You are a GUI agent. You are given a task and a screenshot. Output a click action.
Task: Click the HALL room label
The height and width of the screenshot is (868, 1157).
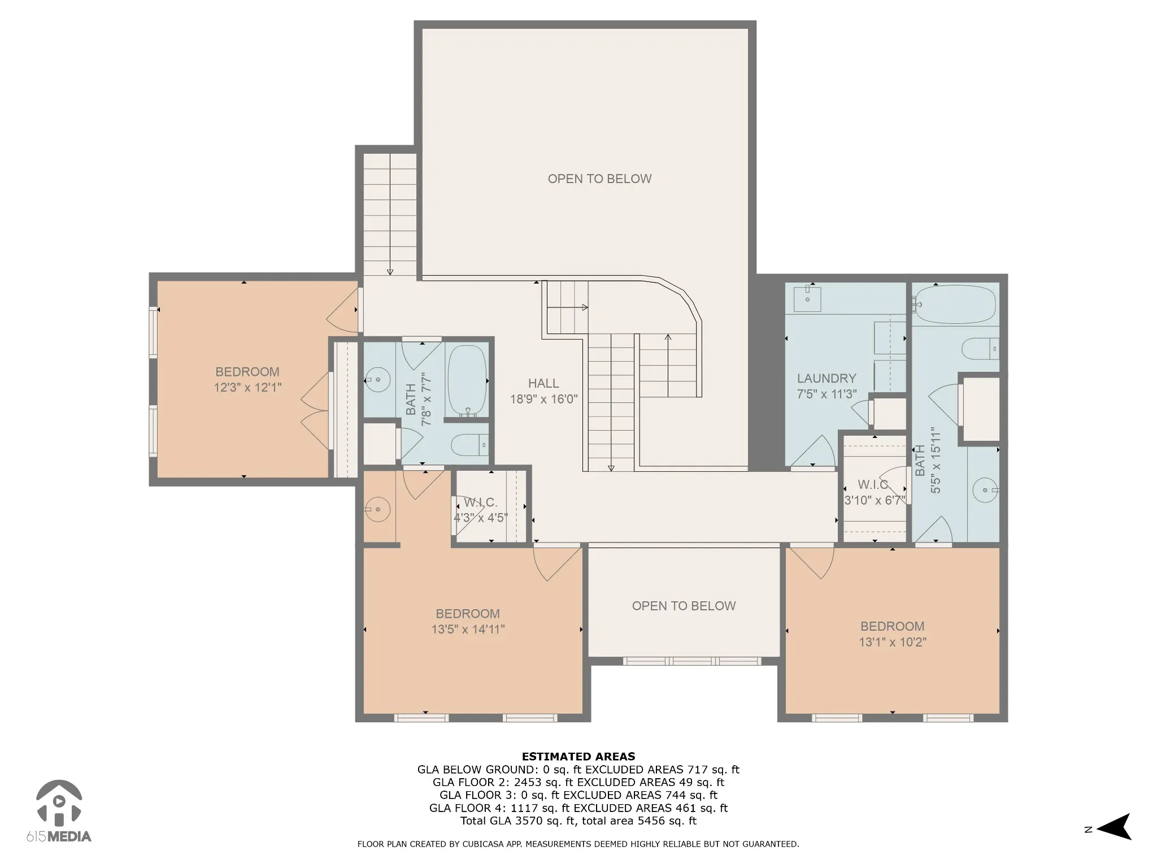point(543,383)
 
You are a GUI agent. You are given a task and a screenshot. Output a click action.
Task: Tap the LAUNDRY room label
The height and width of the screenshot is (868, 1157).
point(827,378)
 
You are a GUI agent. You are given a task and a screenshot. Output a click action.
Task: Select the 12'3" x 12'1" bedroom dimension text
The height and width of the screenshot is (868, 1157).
point(247,387)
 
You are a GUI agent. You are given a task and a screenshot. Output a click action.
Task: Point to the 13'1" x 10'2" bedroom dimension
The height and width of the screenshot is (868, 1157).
point(893,641)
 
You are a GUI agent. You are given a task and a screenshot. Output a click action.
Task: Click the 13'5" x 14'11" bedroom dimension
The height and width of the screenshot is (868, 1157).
point(468,629)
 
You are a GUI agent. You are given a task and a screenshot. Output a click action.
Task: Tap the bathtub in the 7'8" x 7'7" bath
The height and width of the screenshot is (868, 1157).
point(467,381)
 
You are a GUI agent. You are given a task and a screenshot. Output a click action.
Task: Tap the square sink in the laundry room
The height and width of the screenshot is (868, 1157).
point(807,298)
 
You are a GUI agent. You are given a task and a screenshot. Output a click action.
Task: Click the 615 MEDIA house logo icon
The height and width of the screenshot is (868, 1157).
point(59,802)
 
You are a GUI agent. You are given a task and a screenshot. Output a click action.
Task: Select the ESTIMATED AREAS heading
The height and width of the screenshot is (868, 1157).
point(578,756)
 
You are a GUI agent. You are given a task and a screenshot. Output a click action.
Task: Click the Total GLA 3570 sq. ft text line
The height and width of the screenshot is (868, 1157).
point(578,821)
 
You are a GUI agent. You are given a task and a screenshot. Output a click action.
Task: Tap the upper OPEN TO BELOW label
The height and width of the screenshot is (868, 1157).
point(600,179)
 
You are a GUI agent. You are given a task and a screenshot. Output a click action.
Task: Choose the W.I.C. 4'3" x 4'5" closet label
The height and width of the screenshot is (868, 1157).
point(481,510)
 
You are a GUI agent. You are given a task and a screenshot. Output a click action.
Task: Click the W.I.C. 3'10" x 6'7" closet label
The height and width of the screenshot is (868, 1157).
point(875,492)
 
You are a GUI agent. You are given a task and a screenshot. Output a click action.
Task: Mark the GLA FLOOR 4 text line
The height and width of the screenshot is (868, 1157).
point(578,808)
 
